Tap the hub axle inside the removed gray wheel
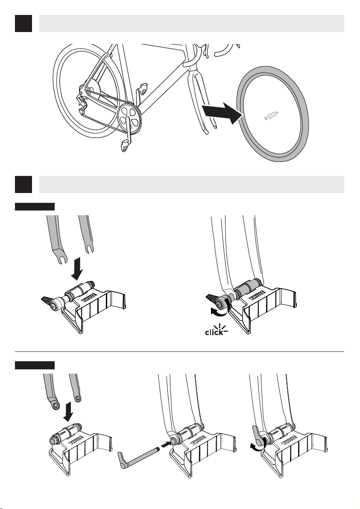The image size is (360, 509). [x=271, y=116]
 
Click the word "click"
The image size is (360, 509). [x=214, y=332]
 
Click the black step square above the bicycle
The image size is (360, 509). [x=23, y=23]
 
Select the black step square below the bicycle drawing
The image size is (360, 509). [x=23, y=184]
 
